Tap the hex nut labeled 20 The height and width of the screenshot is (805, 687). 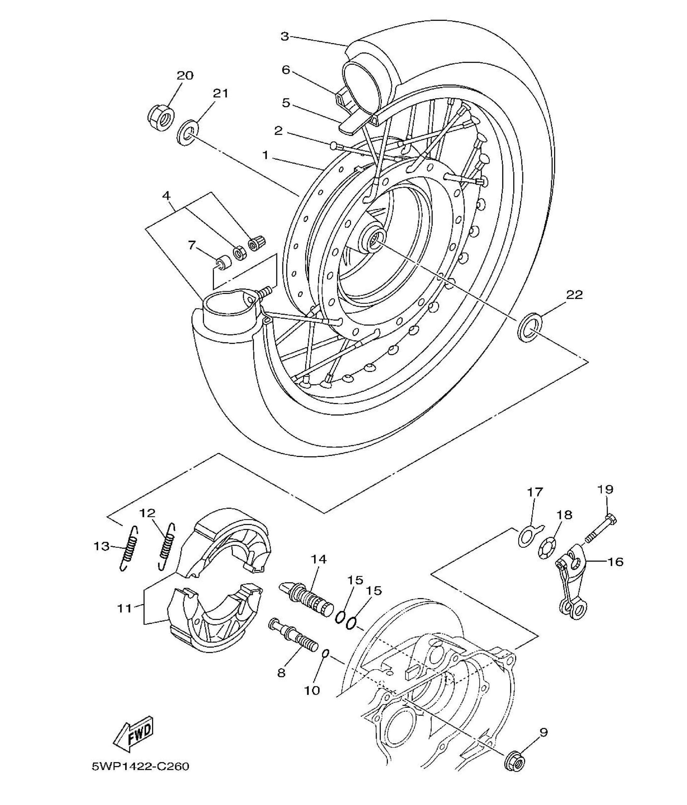tap(161, 115)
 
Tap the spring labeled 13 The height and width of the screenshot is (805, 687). tap(128, 548)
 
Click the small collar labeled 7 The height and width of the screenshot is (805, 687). tap(223, 262)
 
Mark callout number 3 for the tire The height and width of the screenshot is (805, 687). tap(285, 36)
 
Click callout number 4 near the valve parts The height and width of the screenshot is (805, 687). tap(166, 196)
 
